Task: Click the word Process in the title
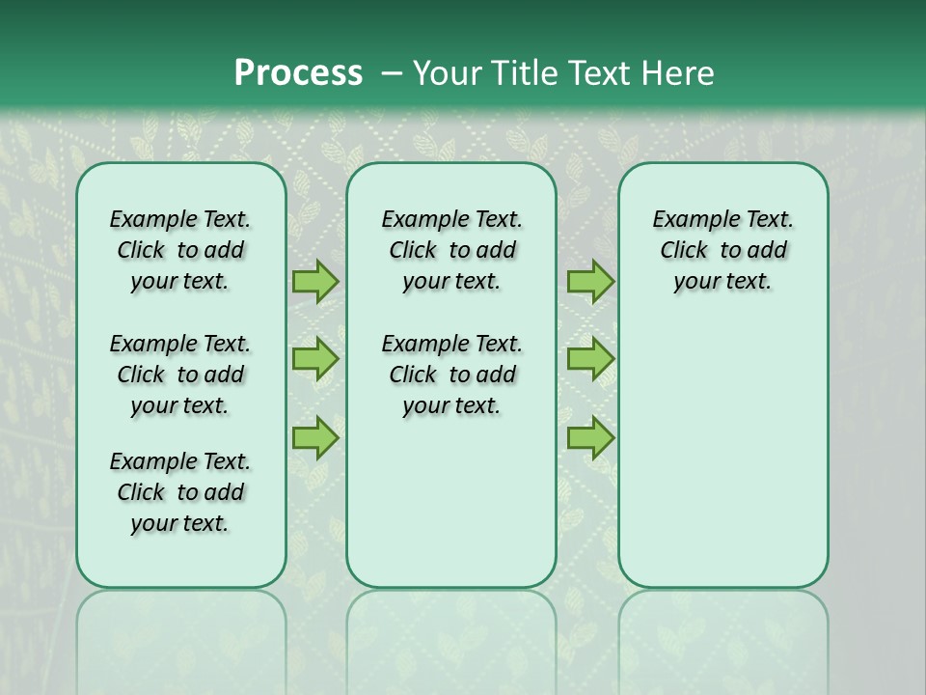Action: [298, 73]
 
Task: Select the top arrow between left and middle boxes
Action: [314, 281]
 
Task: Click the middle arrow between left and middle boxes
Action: [314, 359]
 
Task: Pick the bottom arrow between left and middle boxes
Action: [314, 438]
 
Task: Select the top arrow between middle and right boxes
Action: [590, 281]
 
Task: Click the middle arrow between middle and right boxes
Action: [590, 359]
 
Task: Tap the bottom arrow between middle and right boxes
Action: [590, 438]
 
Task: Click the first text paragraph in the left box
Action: [180, 250]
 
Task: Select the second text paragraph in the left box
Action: [180, 375]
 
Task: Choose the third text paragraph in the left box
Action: [180, 492]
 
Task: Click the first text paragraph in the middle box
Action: [451, 250]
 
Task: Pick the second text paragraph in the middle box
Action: [451, 375]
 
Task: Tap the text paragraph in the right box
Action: [723, 250]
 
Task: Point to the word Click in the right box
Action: [684, 251]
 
